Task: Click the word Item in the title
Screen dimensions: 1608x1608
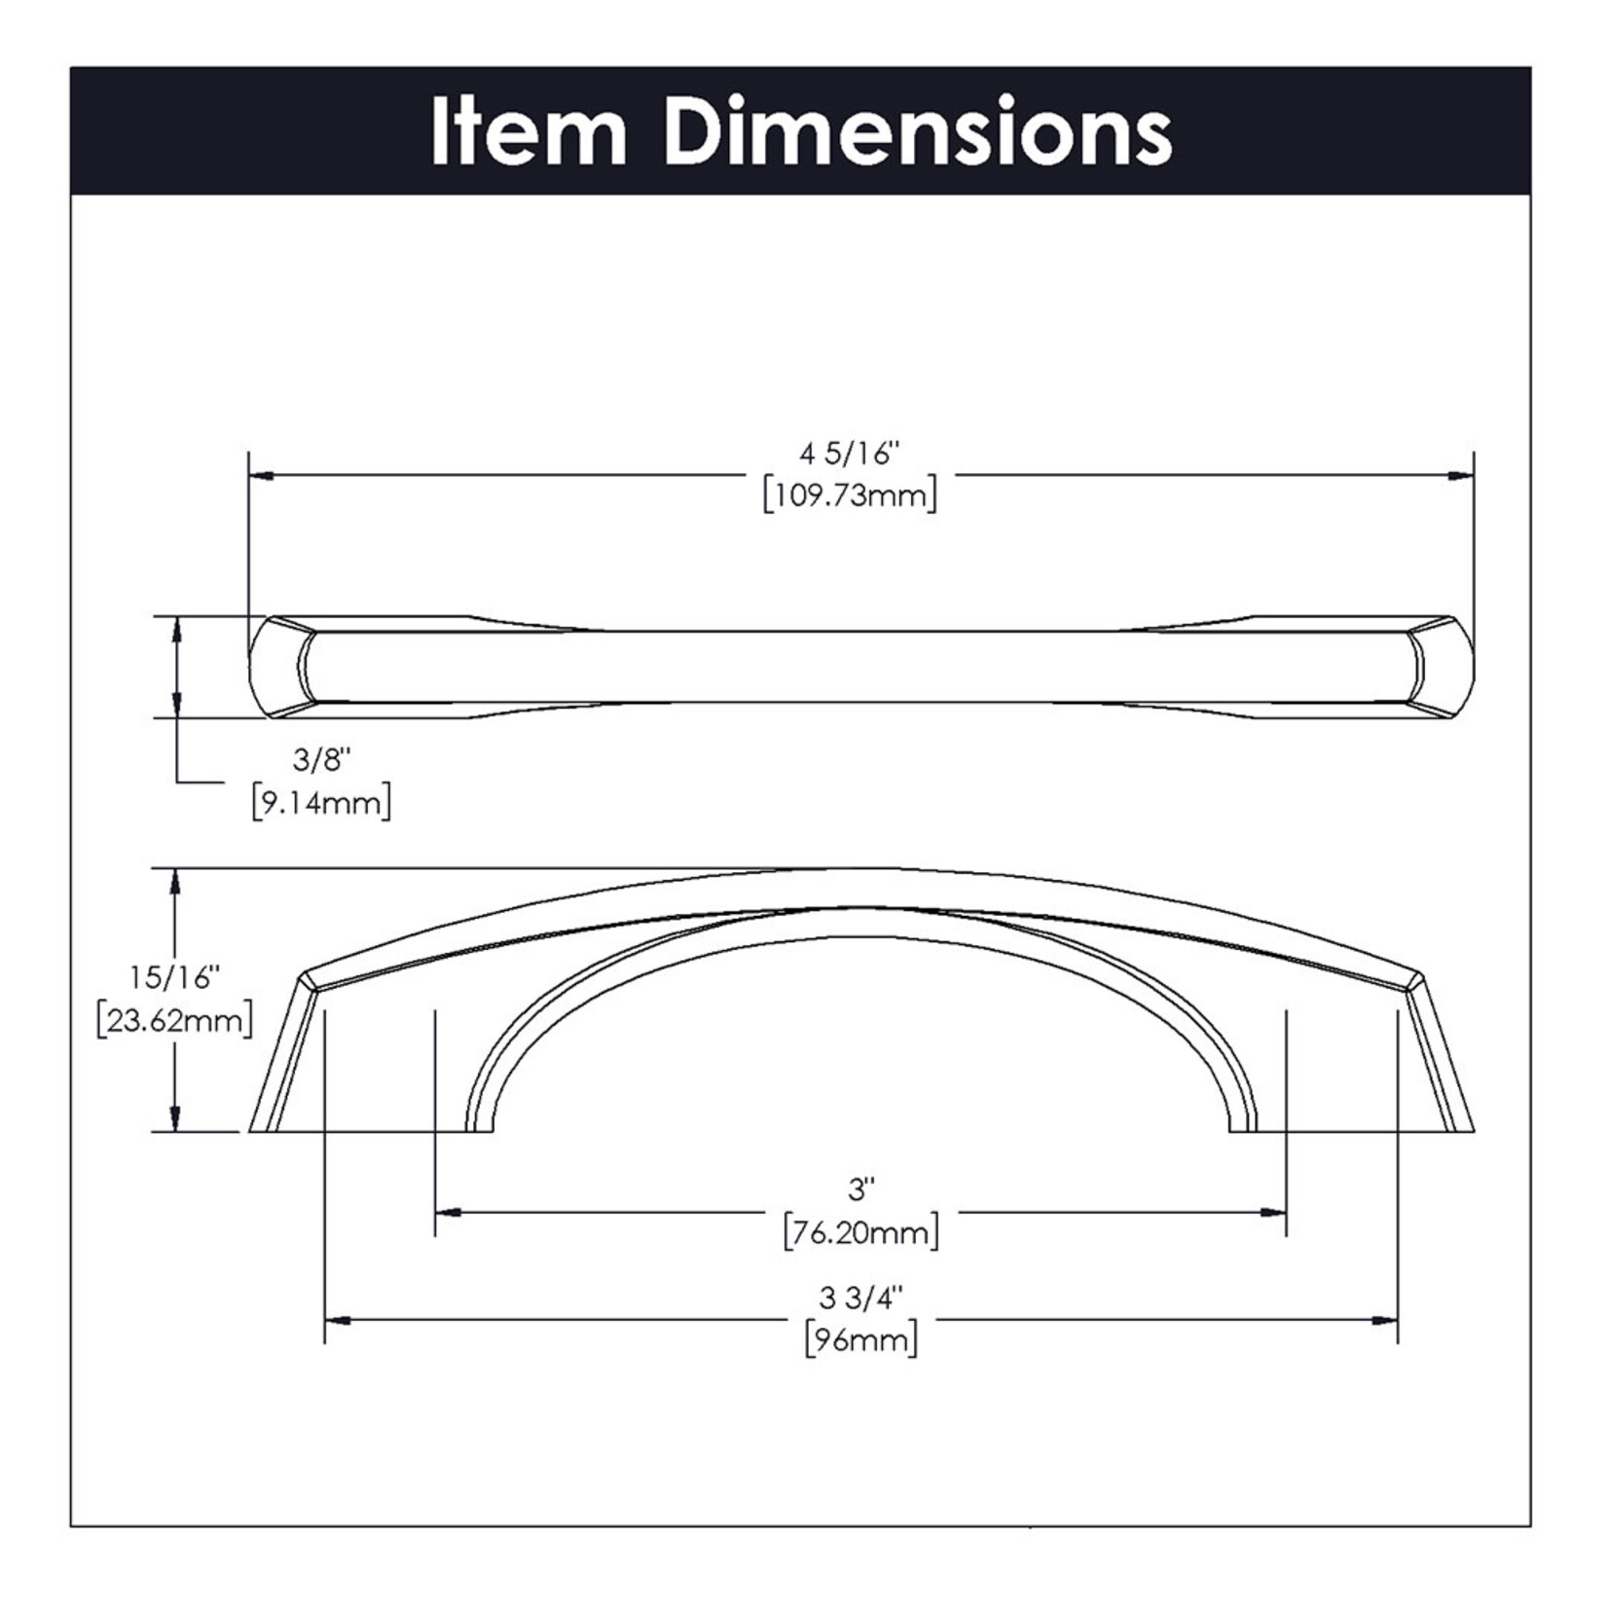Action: tap(530, 131)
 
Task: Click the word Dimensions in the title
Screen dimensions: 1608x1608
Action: tap(919, 131)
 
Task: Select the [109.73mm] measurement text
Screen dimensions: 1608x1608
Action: tap(851, 495)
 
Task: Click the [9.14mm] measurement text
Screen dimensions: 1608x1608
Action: tap(321, 803)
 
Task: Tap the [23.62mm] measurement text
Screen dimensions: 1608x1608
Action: tap(175, 1020)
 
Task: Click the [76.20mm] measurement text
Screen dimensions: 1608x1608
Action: tap(861, 1231)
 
